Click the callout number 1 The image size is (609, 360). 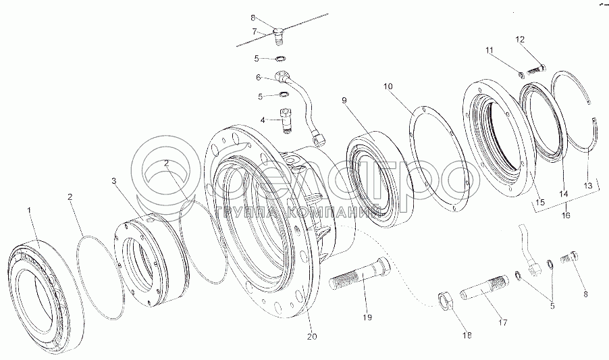pos(29,211)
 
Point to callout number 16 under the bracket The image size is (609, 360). pos(566,215)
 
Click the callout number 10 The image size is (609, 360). pos(388,86)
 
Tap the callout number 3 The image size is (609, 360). pos(114,182)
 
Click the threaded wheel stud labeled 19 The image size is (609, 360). pos(357,276)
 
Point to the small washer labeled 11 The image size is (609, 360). pos(523,74)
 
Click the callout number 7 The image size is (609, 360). pos(255,31)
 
